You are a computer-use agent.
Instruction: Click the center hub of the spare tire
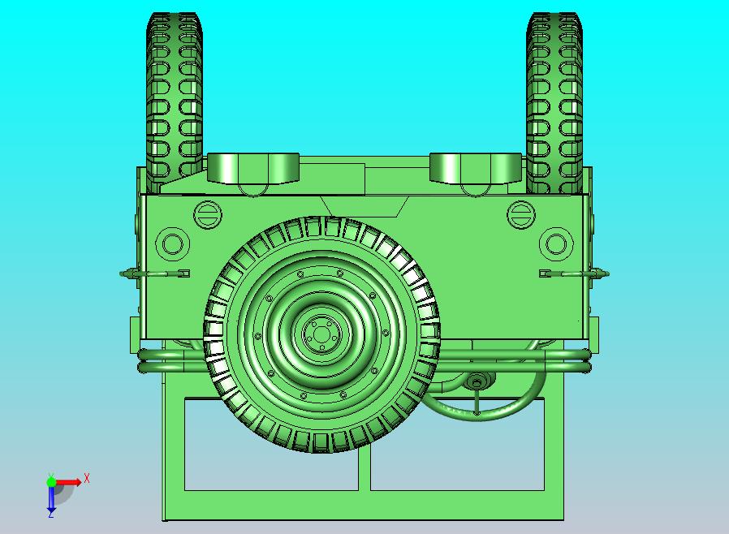(321, 334)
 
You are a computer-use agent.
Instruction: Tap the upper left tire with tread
(175, 102)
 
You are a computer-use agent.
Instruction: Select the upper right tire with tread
(554, 102)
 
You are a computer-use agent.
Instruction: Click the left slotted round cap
(207, 214)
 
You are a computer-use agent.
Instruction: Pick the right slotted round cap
(520, 214)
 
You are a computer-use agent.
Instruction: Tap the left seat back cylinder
(253, 168)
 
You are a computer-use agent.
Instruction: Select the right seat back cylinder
(476, 168)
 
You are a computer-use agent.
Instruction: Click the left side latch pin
(154, 273)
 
